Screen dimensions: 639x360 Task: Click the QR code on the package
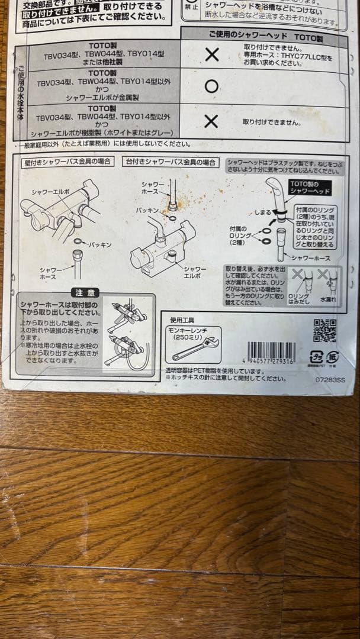[x=324, y=331]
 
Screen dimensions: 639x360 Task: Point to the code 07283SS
[x=329, y=380]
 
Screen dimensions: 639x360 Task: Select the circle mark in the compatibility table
[x=211, y=86]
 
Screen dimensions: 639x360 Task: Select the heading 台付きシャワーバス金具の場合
[x=170, y=162]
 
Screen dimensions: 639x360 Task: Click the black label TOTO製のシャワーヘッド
[x=310, y=188]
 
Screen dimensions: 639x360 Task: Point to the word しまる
[x=263, y=212]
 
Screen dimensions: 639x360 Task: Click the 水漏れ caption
[x=327, y=300]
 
